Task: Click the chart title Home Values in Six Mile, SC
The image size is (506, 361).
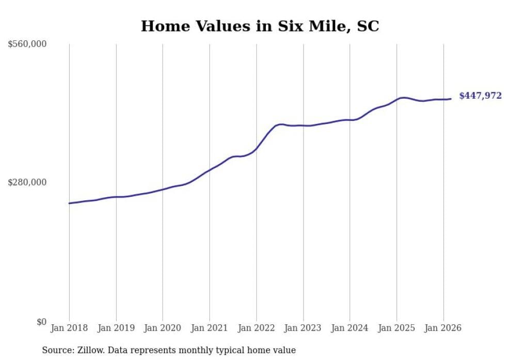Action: click(x=260, y=26)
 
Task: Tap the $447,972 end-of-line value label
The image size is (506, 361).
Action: click(x=480, y=96)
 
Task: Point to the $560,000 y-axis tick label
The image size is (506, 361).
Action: click(x=27, y=44)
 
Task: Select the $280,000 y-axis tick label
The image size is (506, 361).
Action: click(x=27, y=182)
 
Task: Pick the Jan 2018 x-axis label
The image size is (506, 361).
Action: click(x=69, y=328)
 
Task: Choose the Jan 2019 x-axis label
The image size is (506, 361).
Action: click(x=116, y=328)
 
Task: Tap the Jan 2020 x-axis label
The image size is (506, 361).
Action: click(x=163, y=328)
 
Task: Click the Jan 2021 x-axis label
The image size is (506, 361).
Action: click(x=210, y=328)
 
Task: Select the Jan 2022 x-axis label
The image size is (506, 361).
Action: click(x=256, y=328)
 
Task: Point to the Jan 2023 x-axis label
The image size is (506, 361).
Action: click(x=303, y=328)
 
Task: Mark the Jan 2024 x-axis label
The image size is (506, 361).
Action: click(x=350, y=328)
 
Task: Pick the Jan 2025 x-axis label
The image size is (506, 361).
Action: click(x=397, y=328)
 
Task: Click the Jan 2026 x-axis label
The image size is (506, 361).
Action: click(x=443, y=328)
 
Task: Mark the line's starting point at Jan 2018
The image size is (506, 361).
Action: click(x=69, y=203)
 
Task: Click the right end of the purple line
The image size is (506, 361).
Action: click(x=451, y=99)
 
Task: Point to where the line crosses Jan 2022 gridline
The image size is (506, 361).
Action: click(x=256, y=149)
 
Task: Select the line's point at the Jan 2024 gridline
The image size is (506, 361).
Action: click(x=350, y=120)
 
